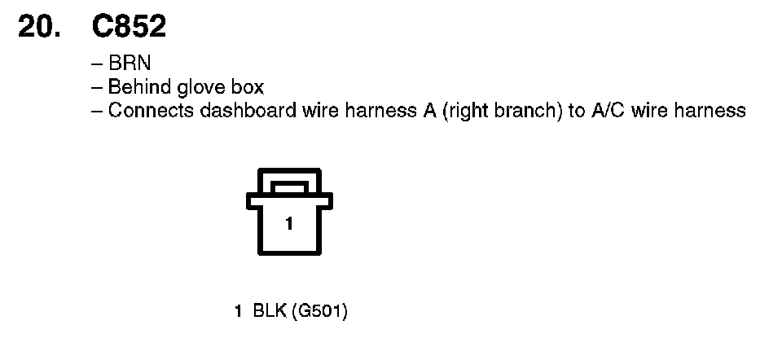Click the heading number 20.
(40, 27)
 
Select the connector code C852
(130, 27)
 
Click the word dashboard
(240, 110)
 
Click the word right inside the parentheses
(465, 111)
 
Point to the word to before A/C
(576, 110)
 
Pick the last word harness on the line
(708, 110)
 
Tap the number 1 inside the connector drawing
(288, 223)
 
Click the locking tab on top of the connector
(288, 187)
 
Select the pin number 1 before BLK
(238, 310)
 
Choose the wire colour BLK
(268, 310)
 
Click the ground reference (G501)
(319, 310)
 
